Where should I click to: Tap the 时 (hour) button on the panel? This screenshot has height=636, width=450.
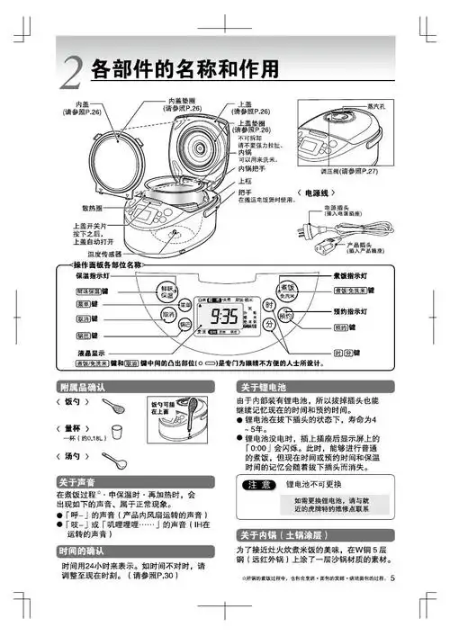coord(269,305)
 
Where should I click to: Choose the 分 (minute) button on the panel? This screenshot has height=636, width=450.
coord(269,328)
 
